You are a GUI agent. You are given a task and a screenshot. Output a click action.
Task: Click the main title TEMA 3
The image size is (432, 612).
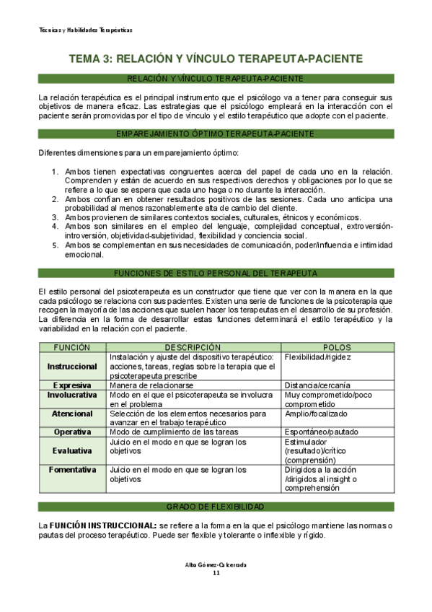click(x=216, y=58)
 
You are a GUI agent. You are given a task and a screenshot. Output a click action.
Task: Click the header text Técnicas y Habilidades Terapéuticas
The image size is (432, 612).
click(x=85, y=30)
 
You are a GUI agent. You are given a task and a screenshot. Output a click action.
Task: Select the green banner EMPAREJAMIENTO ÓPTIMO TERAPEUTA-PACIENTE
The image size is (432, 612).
click(x=216, y=134)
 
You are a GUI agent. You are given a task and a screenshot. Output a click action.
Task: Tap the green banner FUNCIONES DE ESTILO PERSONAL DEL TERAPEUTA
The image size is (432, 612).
click(x=216, y=273)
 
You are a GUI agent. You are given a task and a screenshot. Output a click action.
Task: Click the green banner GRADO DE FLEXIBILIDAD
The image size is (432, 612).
click(x=216, y=507)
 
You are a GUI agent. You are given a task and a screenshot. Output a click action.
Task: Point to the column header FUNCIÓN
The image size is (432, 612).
click(x=72, y=347)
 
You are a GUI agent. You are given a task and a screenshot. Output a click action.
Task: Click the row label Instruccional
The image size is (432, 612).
click(x=72, y=367)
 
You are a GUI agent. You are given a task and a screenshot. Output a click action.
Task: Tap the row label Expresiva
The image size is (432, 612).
click(x=72, y=385)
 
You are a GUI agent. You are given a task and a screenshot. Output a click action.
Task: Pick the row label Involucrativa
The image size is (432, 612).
click(x=72, y=395)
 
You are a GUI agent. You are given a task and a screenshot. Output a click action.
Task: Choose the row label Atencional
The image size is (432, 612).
click(x=72, y=414)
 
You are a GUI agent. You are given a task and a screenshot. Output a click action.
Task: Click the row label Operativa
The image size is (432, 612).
click(x=72, y=432)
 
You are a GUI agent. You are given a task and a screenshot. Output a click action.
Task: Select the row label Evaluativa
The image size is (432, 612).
click(x=72, y=450)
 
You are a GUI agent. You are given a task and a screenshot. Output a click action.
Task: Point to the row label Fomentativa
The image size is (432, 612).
click(x=72, y=469)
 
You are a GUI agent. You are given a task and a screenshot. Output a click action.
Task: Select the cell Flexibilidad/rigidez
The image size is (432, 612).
click(x=318, y=357)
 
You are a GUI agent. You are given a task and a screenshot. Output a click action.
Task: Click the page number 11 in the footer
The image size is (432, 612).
click(x=216, y=573)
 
